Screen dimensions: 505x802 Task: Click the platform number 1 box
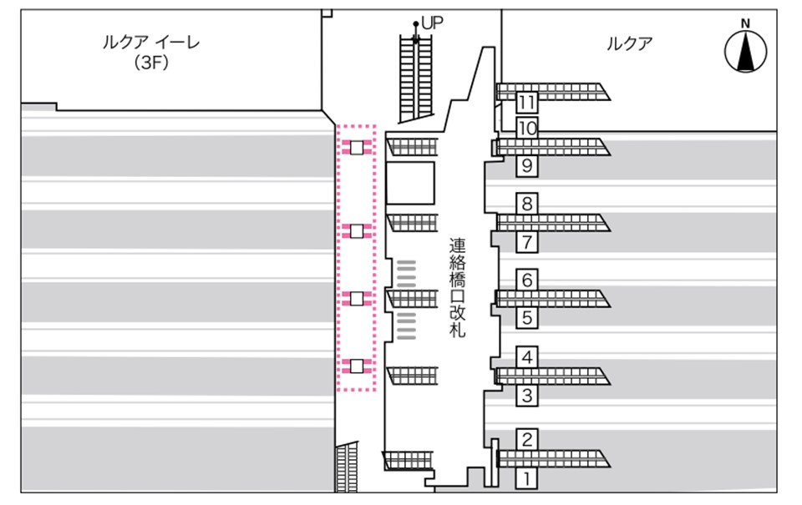pos(526,478)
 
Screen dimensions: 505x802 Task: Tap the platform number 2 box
pos(526,439)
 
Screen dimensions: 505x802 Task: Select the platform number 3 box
pos(526,396)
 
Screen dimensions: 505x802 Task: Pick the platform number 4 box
pos(526,358)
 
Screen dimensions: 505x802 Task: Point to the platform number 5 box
pos(526,318)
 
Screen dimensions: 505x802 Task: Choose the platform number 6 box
pos(526,280)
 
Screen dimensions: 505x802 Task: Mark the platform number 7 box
pos(526,243)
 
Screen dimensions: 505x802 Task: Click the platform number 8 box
pos(526,204)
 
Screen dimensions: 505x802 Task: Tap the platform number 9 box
pos(526,166)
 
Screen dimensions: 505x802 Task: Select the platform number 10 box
pos(526,129)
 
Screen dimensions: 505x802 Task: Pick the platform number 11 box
pos(526,103)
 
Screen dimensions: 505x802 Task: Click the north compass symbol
pos(745,51)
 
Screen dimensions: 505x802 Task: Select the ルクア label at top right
pos(629,44)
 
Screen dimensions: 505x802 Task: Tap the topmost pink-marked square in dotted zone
pos(357,148)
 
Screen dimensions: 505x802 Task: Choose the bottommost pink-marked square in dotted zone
pos(357,366)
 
